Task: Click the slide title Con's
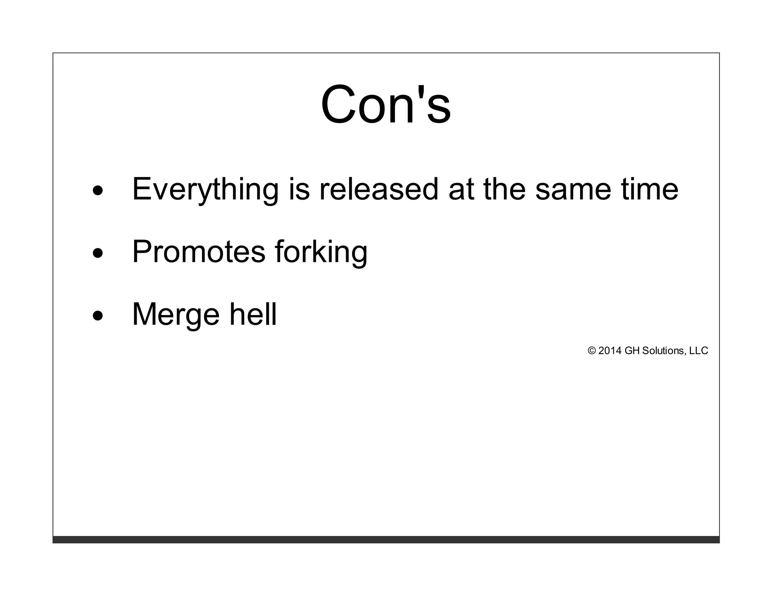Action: pyautogui.click(x=386, y=105)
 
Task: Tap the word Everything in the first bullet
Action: pyautogui.click(x=205, y=189)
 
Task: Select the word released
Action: pyautogui.click(x=379, y=189)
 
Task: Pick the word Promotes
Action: pyautogui.click(x=199, y=252)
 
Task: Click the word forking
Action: pyautogui.click(x=321, y=252)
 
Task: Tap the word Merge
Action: pyautogui.click(x=176, y=314)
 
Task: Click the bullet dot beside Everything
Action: pyautogui.click(x=97, y=191)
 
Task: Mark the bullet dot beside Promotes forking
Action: pyautogui.click(x=97, y=253)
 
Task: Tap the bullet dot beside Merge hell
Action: pyautogui.click(x=97, y=316)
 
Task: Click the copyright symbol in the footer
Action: pyautogui.click(x=591, y=351)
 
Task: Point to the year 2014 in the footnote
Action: pyautogui.click(x=610, y=351)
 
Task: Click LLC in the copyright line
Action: pyautogui.click(x=699, y=351)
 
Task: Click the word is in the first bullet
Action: pyautogui.click(x=299, y=189)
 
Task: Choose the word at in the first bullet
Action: pyautogui.click(x=461, y=189)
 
